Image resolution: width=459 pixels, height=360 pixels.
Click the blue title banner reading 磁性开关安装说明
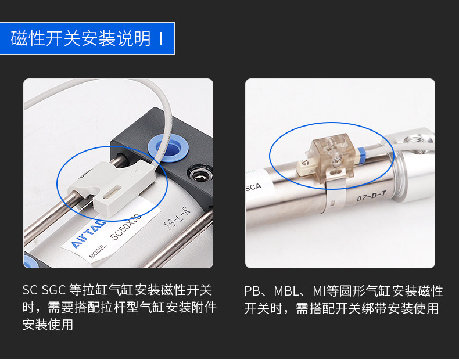point(87,38)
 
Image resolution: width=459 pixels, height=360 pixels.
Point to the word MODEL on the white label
point(99,253)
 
